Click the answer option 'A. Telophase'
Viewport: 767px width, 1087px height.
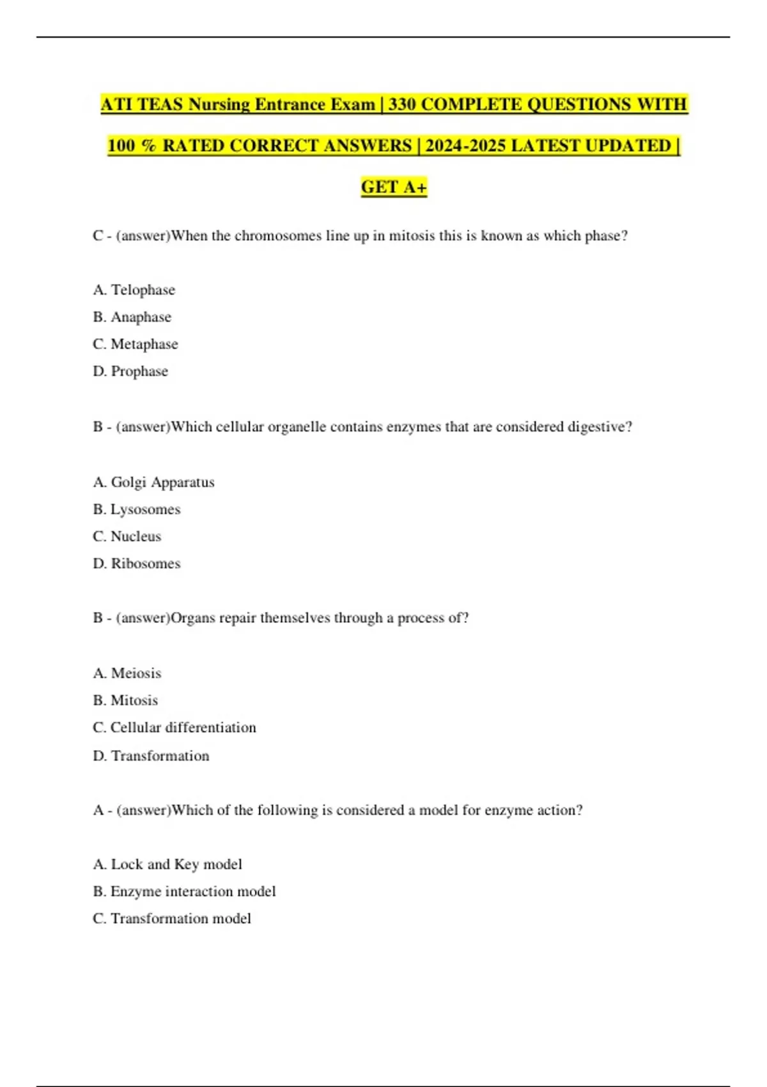click(x=134, y=290)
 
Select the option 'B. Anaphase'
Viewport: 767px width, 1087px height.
click(x=132, y=317)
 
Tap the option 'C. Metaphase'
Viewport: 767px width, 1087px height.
click(x=135, y=344)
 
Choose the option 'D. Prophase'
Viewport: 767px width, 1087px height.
click(x=130, y=371)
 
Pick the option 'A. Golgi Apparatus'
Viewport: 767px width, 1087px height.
click(x=153, y=482)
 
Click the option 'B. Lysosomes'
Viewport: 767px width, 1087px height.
click(x=136, y=510)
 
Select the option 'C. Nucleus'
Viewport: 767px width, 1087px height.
click(x=127, y=536)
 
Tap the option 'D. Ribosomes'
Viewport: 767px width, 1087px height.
click(x=136, y=563)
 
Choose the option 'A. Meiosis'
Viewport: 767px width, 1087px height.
click(x=127, y=673)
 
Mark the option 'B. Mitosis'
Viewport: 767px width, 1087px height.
click(x=125, y=700)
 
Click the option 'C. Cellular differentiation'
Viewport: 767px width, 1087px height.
click(x=174, y=728)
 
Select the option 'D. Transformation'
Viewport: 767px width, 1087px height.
click(x=151, y=756)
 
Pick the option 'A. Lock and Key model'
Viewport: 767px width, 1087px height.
click(x=167, y=864)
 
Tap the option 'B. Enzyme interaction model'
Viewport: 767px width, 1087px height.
click(x=184, y=891)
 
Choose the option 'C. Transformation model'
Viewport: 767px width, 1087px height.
click(x=171, y=919)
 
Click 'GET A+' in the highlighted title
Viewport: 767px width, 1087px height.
click(x=394, y=187)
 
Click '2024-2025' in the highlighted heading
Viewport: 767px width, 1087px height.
click(x=465, y=146)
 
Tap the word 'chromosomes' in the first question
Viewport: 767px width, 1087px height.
click(x=278, y=236)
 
